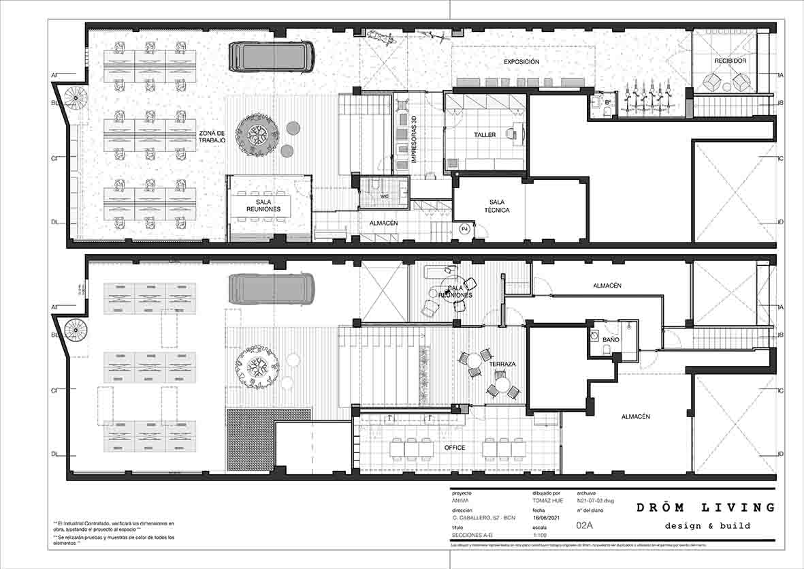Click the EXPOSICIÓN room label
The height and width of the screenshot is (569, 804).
[x=521, y=62]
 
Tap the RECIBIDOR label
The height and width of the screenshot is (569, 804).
[x=730, y=61]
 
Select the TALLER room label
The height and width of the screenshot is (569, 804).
[x=485, y=135]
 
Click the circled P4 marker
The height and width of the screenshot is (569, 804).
[x=465, y=228]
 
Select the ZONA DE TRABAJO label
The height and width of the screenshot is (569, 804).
[x=212, y=136]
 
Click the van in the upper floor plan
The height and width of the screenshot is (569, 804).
[x=271, y=56]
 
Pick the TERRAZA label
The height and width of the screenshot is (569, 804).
[x=502, y=365]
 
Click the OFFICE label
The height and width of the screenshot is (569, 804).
[x=455, y=448]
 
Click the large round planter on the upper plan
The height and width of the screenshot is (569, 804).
[x=256, y=135]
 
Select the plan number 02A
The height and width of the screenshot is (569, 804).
[x=585, y=525]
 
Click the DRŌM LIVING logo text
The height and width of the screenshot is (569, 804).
[x=705, y=508]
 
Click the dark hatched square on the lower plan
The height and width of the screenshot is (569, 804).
[x=250, y=440]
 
